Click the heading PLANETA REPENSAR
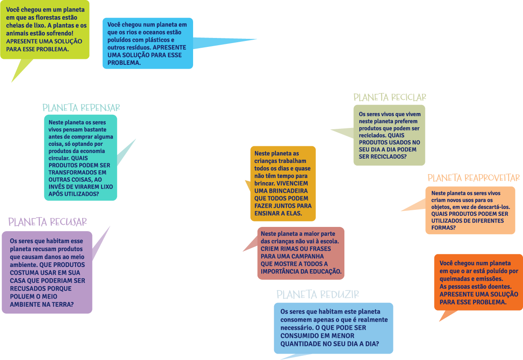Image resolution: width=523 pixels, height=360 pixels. (81, 107)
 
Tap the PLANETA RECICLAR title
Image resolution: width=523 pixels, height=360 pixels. (390, 98)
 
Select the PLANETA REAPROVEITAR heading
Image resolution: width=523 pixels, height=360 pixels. (474, 178)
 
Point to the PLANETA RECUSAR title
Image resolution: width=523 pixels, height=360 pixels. (47, 222)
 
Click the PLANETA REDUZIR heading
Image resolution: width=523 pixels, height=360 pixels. (318, 295)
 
